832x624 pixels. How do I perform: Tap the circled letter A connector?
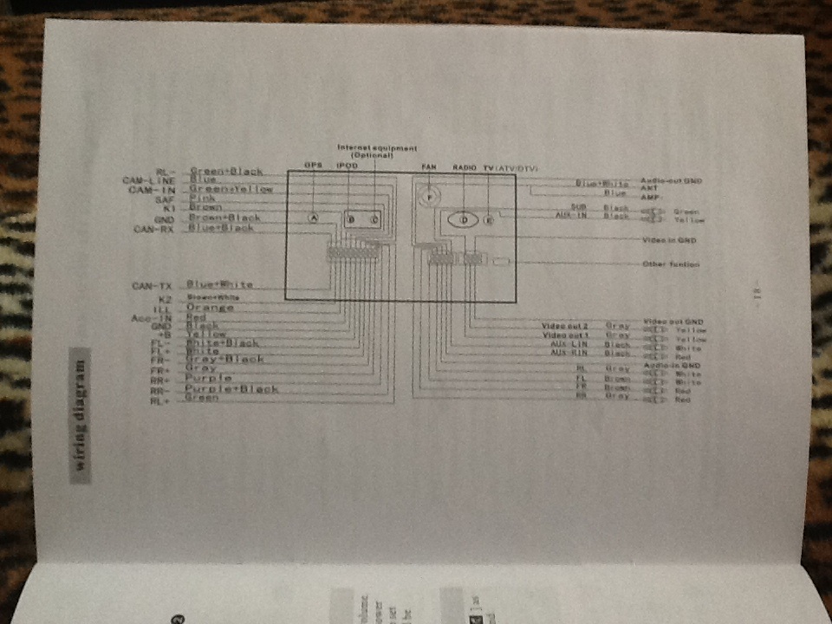[314, 218]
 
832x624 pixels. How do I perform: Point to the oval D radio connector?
[464, 220]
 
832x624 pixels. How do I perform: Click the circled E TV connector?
[489, 220]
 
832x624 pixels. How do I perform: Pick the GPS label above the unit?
[314, 166]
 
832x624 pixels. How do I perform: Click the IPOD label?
[347, 166]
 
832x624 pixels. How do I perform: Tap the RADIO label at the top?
[465, 166]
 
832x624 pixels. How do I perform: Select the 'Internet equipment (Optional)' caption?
[376, 151]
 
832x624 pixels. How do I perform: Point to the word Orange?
[211, 308]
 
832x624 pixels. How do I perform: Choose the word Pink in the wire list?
[201, 198]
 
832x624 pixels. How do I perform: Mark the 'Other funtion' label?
[671, 263]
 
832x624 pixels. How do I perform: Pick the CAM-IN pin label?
[152, 190]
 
